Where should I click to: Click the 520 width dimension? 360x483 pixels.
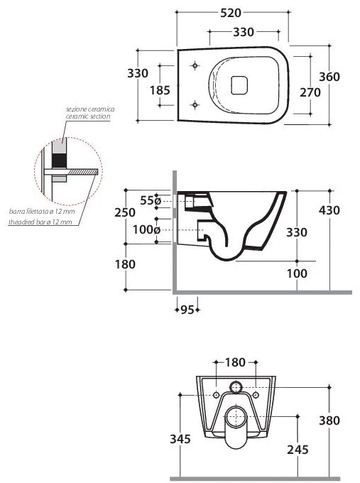coord(231,13)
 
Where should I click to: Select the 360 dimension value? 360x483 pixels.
coord(329,77)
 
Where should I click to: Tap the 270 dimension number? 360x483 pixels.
coord(310,92)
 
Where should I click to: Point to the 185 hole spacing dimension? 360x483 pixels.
coord(160,90)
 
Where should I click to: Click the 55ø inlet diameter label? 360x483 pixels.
coord(151,200)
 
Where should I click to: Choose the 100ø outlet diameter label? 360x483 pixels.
coord(146,230)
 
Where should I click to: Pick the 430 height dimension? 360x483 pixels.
coord(329,210)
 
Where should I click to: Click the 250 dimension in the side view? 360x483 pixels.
coord(125,212)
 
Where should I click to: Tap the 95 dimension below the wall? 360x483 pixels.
coord(187,310)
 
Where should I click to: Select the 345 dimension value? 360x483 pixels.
coord(180,439)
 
